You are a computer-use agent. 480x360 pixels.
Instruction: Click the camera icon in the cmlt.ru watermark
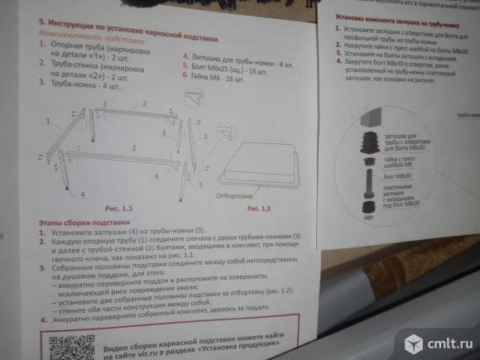click(x=414, y=342)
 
